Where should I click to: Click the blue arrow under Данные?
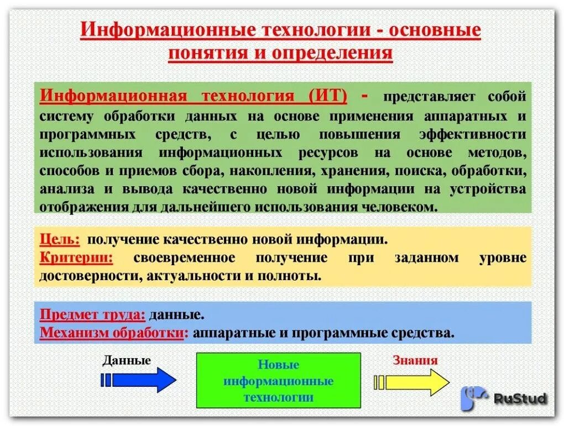click(139, 380)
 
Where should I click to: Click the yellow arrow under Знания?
click(411, 382)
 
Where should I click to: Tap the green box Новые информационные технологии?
click(278, 381)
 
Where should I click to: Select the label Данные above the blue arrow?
click(127, 361)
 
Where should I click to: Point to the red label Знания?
click(415, 361)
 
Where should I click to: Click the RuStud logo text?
click(520, 398)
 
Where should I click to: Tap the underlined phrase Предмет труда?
click(92, 315)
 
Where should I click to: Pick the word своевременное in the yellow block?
click(184, 257)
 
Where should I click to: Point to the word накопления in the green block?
click(252, 170)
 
